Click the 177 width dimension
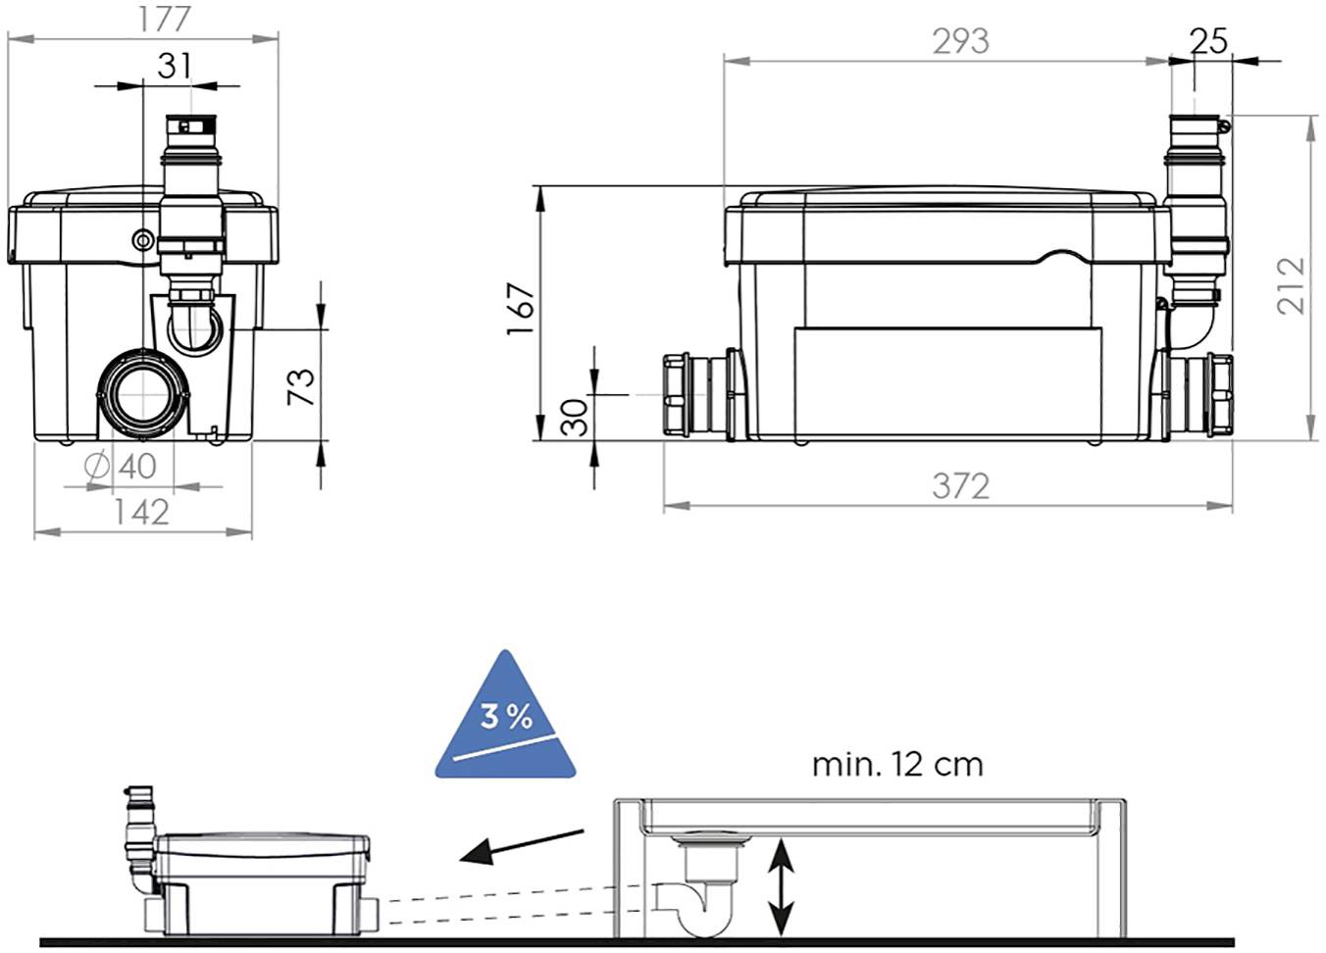[x=163, y=19]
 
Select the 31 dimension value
[x=174, y=66]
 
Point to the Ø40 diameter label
[x=122, y=467]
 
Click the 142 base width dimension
[x=141, y=512]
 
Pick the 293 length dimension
[x=960, y=41]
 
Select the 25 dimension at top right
[x=1208, y=41]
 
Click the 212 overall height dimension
[x=1292, y=285]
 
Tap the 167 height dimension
[x=521, y=310]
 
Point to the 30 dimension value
[x=576, y=417]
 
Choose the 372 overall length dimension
[x=960, y=486]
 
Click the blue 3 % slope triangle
[x=505, y=724]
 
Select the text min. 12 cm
[x=896, y=764]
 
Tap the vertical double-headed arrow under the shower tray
[x=780, y=885]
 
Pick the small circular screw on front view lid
[x=143, y=239]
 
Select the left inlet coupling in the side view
[x=699, y=394]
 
